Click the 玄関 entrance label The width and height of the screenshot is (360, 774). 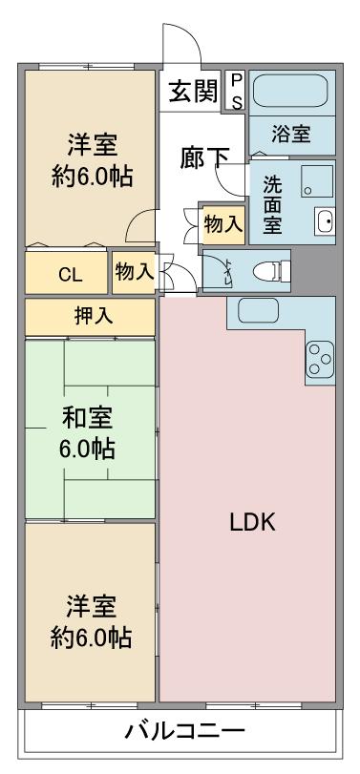[x=193, y=92]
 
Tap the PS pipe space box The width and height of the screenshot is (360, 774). [x=237, y=91]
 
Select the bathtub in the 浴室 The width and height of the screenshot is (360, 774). [x=290, y=91]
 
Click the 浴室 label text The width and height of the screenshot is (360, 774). [x=291, y=135]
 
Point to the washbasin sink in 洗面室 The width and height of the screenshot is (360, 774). [x=325, y=220]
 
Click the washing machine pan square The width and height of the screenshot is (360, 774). [x=316, y=181]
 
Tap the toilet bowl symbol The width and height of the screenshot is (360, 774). [x=271, y=271]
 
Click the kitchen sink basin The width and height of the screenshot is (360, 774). [x=258, y=311]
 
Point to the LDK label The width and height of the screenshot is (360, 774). [x=252, y=523]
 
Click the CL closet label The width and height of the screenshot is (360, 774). [x=70, y=276]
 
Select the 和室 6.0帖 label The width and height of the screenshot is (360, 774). [x=88, y=433]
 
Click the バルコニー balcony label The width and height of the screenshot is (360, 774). [x=184, y=732]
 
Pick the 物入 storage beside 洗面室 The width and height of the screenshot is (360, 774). [x=223, y=225]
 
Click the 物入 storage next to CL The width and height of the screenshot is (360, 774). [x=134, y=272]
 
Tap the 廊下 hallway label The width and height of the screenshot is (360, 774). [x=204, y=158]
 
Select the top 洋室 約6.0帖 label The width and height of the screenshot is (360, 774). [x=93, y=161]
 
